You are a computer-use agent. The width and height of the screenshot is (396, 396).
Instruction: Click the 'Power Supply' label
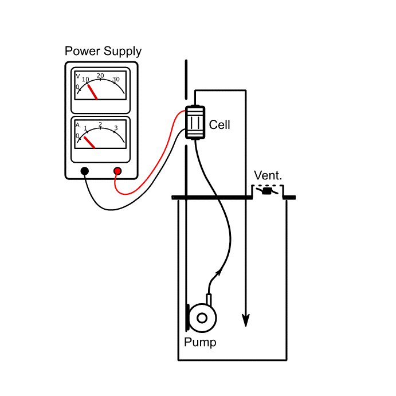[103, 51]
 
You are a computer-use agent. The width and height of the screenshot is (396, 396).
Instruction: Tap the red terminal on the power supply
[117, 171]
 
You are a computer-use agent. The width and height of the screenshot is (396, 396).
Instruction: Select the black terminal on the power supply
[85, 171]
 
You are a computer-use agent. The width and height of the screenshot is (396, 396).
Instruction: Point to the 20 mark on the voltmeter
[100, 76]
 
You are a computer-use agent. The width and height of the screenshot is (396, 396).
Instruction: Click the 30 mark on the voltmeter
[116, 79]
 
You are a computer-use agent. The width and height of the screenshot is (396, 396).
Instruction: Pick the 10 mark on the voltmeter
[85, 79]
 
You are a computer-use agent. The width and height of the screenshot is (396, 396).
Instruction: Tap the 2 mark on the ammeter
[100, 124]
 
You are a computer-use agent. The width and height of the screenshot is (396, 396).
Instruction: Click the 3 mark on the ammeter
[116, 128]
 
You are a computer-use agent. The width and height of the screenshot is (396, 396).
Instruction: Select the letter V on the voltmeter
[77, 76]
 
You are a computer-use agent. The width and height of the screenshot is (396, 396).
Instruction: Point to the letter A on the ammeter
[77, 124]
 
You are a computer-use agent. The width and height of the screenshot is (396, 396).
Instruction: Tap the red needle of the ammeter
[89, 142]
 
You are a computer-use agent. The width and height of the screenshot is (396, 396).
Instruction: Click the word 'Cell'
[219, 124]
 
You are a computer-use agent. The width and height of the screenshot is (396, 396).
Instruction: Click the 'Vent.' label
[268, 175]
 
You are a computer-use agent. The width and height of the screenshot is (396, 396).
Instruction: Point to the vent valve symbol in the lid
[266, 191]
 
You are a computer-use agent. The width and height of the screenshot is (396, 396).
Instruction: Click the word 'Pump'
[200, 343]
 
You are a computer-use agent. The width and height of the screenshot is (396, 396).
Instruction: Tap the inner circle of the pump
[202, 317]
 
